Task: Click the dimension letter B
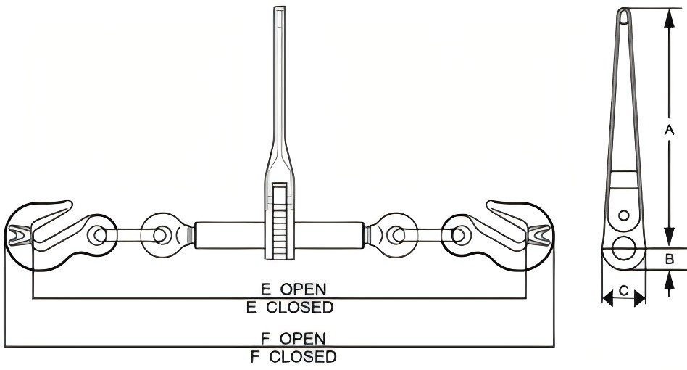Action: click(x=670, y=258)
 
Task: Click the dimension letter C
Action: click(x=624, y=292)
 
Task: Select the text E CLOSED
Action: click(x=289, y=307)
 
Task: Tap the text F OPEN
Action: click(x=293, y=338)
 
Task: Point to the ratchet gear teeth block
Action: click(x=279, y=221)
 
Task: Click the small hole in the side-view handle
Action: click(x=623, y=215)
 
